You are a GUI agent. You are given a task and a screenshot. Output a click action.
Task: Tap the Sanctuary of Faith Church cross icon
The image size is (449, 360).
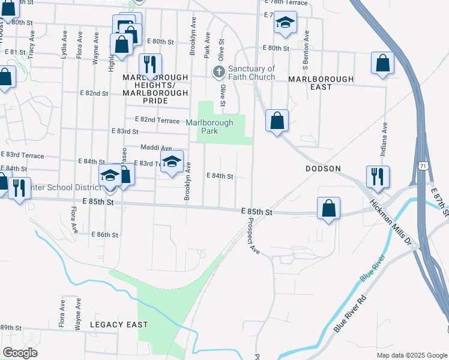coord(219,73)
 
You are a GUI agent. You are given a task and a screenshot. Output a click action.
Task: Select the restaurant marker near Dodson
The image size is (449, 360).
coord(378,176)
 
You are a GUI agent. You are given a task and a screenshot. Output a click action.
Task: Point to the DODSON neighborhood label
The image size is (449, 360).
coord(323,169)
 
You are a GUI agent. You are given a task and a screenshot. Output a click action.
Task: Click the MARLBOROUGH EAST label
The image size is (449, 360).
coord(309,83)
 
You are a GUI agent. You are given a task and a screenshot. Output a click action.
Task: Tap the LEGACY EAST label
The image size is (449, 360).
coord(119,325)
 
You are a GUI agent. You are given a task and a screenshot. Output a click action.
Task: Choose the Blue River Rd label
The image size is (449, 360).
coord(350,312)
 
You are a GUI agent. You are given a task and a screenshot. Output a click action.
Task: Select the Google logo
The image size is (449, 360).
coord(20,353)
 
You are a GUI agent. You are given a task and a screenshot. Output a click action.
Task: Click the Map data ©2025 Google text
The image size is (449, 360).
coord(412,355)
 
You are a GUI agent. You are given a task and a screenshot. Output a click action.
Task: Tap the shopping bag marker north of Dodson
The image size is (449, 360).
coord(277,120)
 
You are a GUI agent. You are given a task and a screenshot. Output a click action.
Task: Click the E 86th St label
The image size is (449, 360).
coord(105,235)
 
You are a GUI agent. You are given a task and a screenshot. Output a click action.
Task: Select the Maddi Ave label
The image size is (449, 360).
coord(156,148)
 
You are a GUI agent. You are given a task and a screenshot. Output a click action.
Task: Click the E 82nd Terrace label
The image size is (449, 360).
coord(157,120)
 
